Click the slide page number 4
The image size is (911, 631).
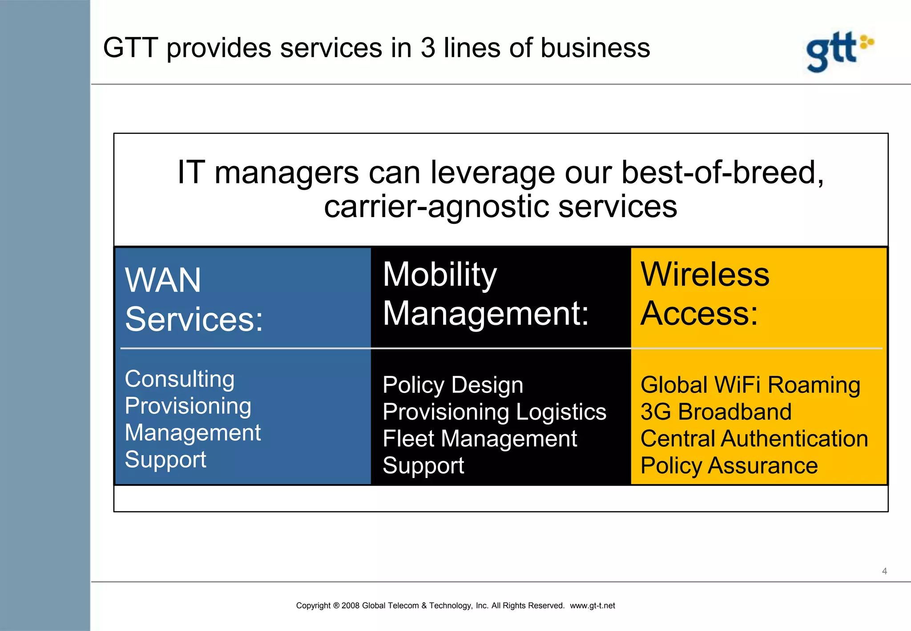pyautogui.click(x=884, y=571)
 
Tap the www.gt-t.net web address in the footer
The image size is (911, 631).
pyautogui.click(x=592, y=606)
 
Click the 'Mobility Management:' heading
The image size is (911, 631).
pyautogui.click(x=485, y=294)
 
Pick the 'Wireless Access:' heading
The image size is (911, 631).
pyautogui.click(x=705, y=294)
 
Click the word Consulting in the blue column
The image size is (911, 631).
pyautogui.click(x=179, y=379)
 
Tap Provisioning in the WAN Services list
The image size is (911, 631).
pyautogui.click(x=188, y=406)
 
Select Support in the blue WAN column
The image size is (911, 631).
pyautogui.click(x=165, y=459)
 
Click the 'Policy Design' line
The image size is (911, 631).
pyautogui.click(x=452, y=385)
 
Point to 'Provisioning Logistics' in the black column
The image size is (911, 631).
pyautogui.click(x=494, y=412)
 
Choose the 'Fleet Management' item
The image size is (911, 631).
pyautogui.click(x=480, y=439)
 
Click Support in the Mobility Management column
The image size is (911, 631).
pyautogui.click(x=423, y=466)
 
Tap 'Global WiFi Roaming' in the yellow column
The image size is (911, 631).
pyautogui.click(x=750, y=385)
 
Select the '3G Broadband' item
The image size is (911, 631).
pyautogui.click(x=716, y=412)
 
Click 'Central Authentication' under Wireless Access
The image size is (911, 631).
pyautogui.click(x=754, y=439)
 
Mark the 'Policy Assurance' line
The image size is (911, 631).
pyautogui.click(x=729, y=466)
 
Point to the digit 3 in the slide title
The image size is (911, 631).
pyautogui.click(x=427, y=48)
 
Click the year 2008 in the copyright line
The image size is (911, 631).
pyautogui.click(x=351, y=606)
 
